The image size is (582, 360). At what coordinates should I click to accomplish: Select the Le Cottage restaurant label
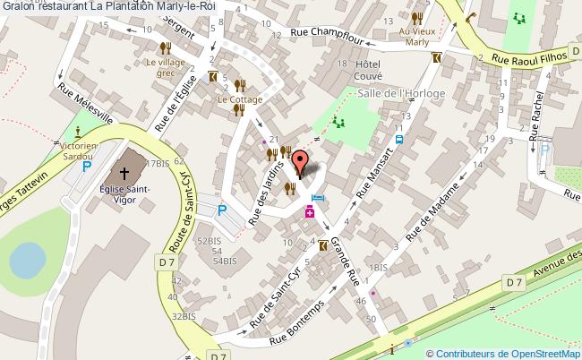click(239, 99)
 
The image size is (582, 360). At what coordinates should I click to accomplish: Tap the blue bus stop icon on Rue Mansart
click(399, 140)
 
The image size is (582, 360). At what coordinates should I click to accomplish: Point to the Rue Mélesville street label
click(84, 106)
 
